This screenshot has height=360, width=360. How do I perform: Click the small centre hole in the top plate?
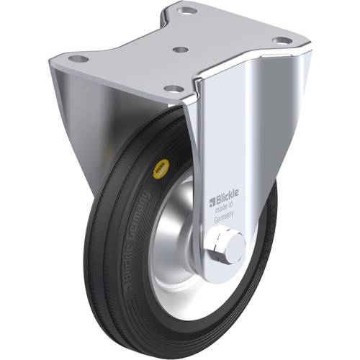tap(181, 50)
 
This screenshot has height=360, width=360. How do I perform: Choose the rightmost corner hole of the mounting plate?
tap(283, 40)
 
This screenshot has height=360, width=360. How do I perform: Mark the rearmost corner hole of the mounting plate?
tap(188, 12)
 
